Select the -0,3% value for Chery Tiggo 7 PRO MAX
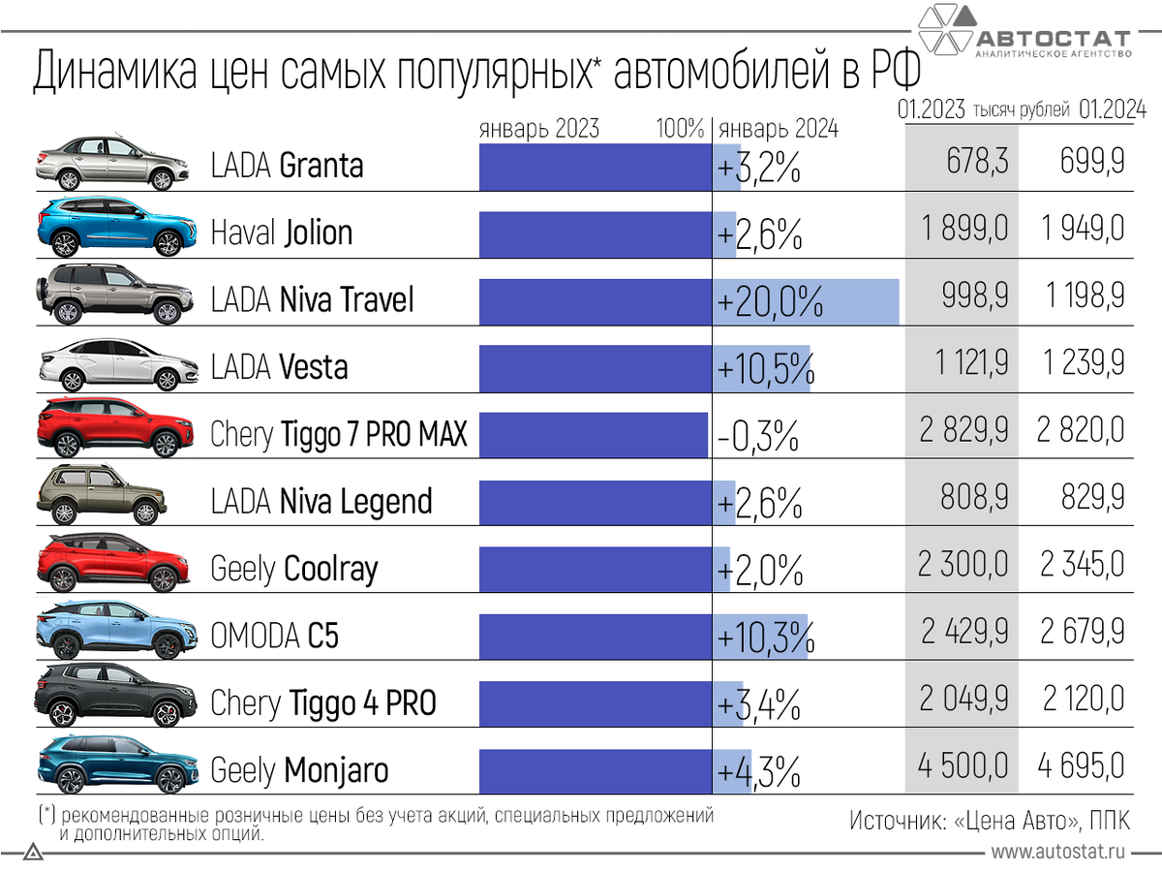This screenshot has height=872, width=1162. pos(758,436)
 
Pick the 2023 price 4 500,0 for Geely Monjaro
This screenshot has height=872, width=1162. pos(963,766)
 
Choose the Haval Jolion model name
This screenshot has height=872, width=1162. pos(282,234)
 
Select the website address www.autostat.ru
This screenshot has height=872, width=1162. pos(1057,852)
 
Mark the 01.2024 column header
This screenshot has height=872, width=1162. pos(1111,109)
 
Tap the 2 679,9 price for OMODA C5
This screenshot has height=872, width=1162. pos(1083,632)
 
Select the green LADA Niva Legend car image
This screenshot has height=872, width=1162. pos(102,494)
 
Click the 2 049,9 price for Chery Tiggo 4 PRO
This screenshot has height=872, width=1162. pos(963,700)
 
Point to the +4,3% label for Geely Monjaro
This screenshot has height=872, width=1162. pos(759,772)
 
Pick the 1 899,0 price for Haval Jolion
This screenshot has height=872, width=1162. pos(963,229)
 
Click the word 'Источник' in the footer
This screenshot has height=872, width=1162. pos(896,820)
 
